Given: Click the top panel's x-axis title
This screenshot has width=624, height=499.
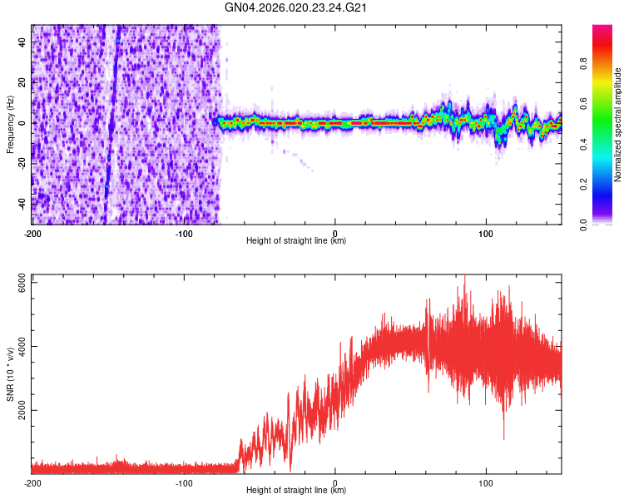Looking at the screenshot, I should click(x=296, y=241).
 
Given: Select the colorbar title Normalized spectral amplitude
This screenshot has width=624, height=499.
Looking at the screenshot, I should click(x=618, y=125).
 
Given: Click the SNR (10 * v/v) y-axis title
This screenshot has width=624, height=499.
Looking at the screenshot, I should click(x=11, y=375).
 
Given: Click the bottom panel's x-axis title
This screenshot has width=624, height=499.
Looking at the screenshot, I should click(x=296, y=491).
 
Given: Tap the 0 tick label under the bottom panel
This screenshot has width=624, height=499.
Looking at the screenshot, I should click(x=334, y=483).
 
